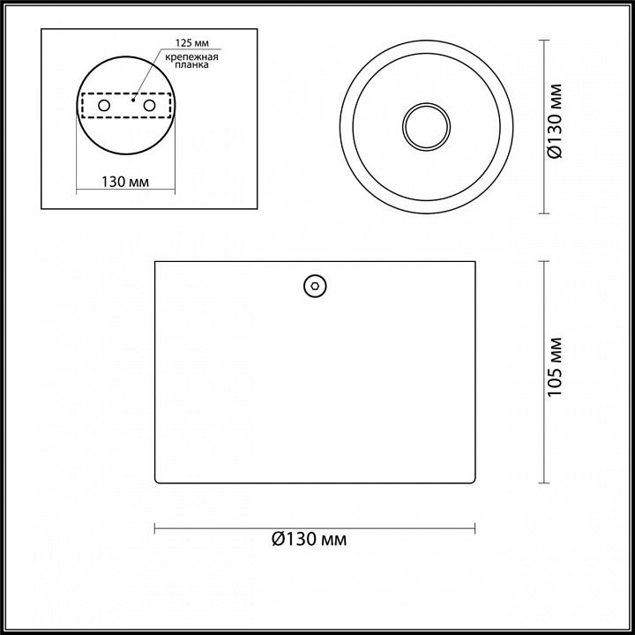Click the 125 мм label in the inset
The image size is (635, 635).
[192, 43]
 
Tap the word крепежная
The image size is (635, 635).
[192, 56]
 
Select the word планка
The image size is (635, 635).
[192, 64]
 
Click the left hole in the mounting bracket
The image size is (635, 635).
[104, 106]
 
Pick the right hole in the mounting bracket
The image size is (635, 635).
[149, 106]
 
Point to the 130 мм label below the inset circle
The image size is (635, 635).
[125, 182]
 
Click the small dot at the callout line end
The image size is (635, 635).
[133, 100]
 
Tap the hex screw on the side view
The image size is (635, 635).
[315, 286]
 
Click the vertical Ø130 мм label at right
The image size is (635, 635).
[556, 122]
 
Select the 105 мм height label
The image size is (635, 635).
[556, 367]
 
